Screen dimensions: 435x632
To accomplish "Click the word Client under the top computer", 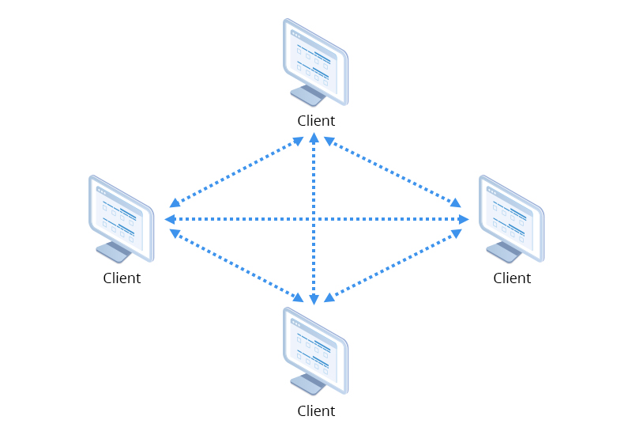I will (316, 121).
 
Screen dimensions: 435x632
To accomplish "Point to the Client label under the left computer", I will (122, 278).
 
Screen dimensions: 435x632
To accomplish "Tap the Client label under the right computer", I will (512, 278).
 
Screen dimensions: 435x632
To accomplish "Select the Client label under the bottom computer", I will (316, 410).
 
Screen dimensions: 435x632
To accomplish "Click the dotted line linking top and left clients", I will (237, 172).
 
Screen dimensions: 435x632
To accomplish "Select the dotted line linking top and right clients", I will (393, 172).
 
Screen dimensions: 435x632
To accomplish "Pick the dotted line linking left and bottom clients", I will (237, 266).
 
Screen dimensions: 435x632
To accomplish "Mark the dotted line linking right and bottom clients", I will (393, 266).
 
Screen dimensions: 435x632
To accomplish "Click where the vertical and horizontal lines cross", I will (314, 219).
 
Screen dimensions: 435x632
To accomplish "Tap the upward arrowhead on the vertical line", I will (314, 139).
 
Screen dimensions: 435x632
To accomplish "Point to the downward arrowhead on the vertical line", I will (314, 299).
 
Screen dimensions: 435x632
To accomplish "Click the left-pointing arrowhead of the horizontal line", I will (170, 219).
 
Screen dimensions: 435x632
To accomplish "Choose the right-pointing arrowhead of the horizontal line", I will (463, 219).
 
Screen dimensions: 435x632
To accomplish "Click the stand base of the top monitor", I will (307, 96).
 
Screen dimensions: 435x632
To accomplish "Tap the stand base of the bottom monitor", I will (307, 385).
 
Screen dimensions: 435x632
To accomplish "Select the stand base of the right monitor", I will (503, 253).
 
